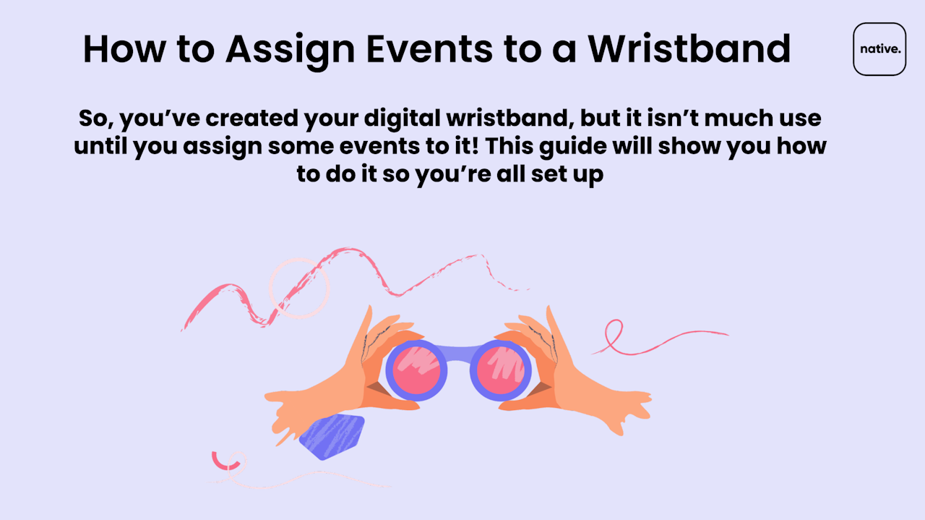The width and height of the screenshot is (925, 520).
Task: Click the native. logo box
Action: point(879,49)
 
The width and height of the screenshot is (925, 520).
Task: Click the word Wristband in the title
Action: point(689,48)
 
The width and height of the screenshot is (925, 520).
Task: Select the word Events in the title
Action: point(429,49)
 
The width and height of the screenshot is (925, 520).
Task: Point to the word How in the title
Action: point(124,49)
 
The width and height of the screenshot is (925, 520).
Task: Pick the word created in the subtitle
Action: point(251,118)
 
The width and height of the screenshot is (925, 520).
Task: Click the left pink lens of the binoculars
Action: point(416,370)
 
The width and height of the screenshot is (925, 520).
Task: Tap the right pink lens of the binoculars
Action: point(501,370)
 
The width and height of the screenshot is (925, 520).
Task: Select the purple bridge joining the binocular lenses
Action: point(458,353)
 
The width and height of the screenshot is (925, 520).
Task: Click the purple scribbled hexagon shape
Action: point(332,437)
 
